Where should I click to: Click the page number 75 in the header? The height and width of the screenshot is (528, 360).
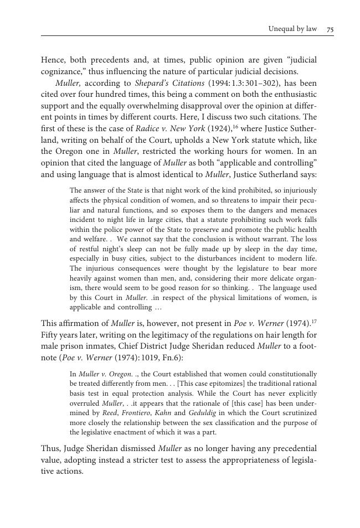[330, 29]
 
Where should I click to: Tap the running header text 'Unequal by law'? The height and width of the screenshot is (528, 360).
[292, 29]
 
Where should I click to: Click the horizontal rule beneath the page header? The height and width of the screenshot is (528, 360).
[187, 37]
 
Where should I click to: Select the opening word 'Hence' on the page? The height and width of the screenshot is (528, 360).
[53, 60]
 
